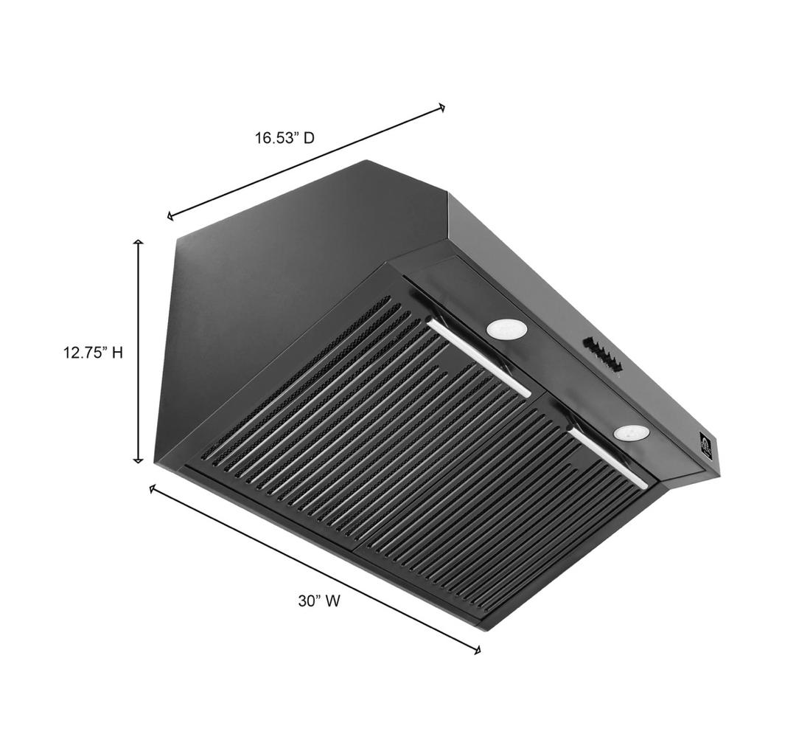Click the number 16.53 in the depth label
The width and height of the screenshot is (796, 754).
(274, 138)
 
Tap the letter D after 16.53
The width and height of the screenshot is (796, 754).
(309, 138)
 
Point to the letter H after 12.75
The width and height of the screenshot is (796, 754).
(117, 353)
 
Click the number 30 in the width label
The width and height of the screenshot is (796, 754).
(307, 601)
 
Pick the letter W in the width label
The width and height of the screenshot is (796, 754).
(332, 601)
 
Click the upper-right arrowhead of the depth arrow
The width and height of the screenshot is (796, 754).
(442, 107)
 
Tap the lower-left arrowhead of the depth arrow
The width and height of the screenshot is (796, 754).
(170, 216)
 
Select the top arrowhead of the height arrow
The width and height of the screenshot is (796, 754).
(138, 242)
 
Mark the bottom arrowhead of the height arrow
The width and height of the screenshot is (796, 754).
(138, 460)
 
